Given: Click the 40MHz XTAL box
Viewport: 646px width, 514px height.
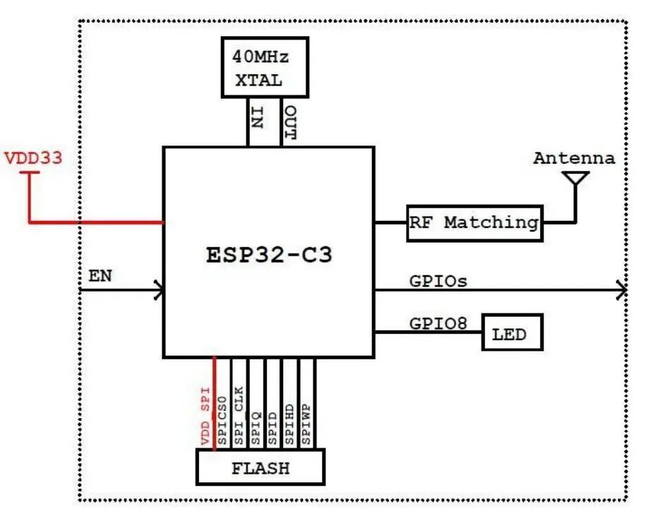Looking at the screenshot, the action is pos(265,67).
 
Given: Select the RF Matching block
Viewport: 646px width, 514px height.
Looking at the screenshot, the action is pos(474,223).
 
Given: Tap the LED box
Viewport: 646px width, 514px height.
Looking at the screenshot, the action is pos(512,333).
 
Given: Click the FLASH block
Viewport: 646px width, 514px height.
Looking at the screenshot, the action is pos(261,467).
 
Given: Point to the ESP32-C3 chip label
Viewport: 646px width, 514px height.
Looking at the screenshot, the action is pos(269,254).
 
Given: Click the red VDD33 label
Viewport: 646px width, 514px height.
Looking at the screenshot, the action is pos(33,157).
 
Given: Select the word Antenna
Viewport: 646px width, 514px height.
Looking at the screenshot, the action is pos(574,158).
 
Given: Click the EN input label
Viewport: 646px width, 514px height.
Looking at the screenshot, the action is pos(100,275).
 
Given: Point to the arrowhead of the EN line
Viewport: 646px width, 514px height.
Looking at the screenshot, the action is pos(160,290).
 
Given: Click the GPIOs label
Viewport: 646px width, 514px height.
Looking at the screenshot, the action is pos(438,281).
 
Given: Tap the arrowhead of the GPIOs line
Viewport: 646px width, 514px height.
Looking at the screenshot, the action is pos(622,290).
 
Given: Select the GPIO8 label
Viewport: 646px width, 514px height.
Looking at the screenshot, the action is pos(438,323).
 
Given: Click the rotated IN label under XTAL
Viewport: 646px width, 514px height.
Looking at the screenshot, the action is pos(257,118).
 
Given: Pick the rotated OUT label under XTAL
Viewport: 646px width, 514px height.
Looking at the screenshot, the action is pos(290,123).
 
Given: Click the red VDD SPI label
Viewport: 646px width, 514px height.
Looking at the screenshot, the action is pos(205,416).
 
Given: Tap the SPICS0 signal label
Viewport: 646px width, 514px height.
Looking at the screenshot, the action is pos(222,421).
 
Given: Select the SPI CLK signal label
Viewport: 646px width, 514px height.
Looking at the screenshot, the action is pos(239,416).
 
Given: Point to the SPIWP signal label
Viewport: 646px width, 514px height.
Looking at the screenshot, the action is pos(306,424).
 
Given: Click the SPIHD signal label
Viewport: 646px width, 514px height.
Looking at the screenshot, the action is pos(289,424).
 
